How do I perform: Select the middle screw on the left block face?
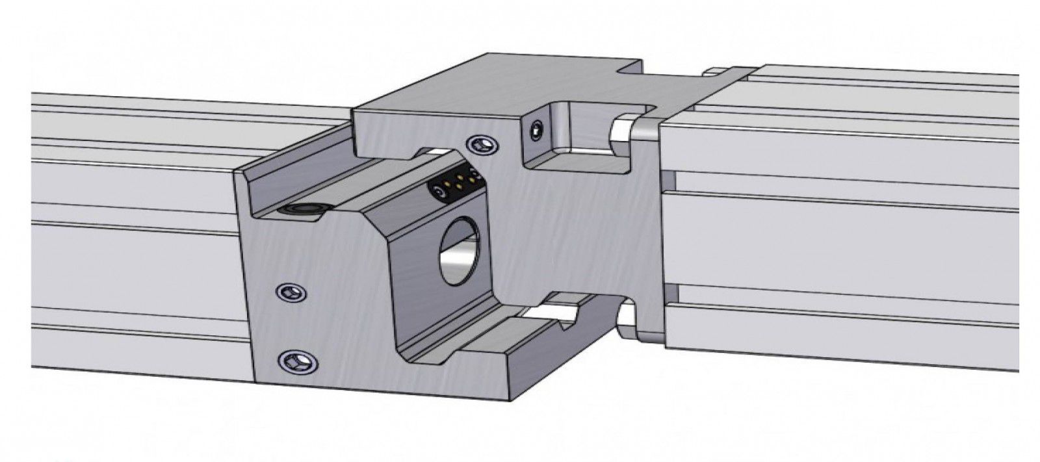tap(291, 292)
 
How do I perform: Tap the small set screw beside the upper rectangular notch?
tap(535, 132)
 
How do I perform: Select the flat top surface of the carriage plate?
tap(494, 84)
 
